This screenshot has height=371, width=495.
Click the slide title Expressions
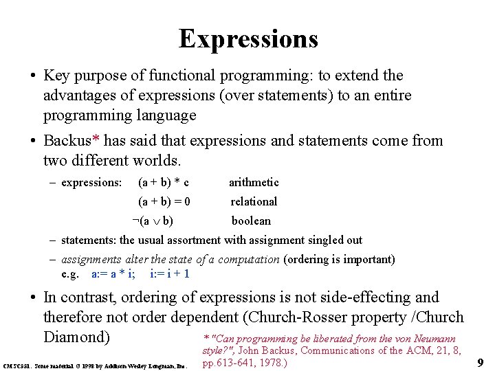(248, 38)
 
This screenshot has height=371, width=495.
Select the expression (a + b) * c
(164, 183)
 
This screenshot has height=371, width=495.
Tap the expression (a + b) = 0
(164, 202)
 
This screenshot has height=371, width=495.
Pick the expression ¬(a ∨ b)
(153, 221)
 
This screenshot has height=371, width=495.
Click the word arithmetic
(254, 183)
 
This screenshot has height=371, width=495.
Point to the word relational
(254, 202)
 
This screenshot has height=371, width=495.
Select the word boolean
(251, 221)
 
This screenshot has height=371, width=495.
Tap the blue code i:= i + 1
(170, 273)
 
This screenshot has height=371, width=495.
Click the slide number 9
(481, 361)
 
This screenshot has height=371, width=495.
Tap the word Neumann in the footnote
(451, 339)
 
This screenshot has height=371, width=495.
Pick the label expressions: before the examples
(91, 183)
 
